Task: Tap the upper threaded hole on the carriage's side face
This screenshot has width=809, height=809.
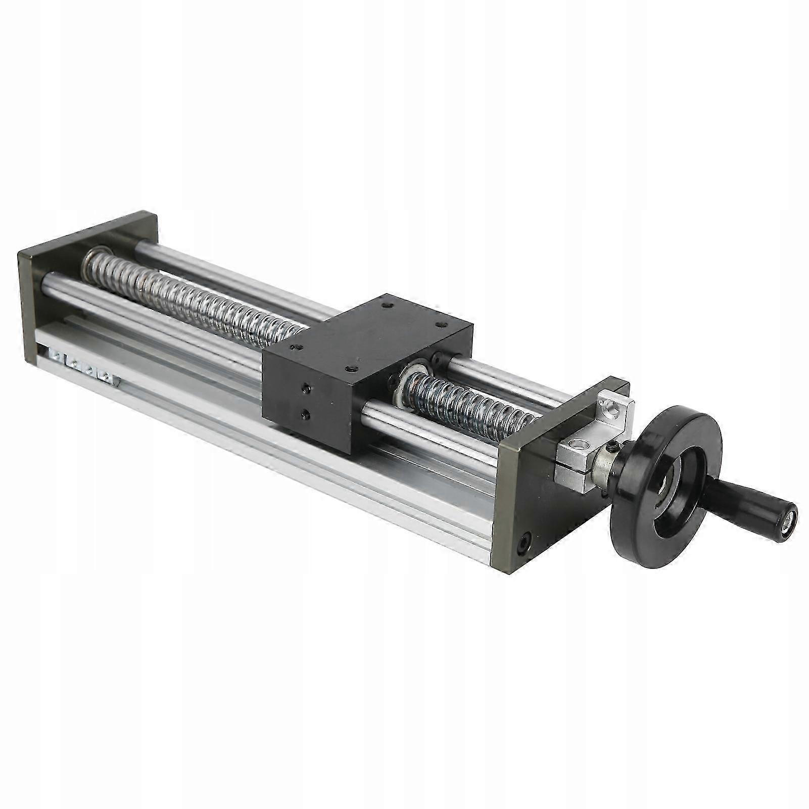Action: click(305, 389)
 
